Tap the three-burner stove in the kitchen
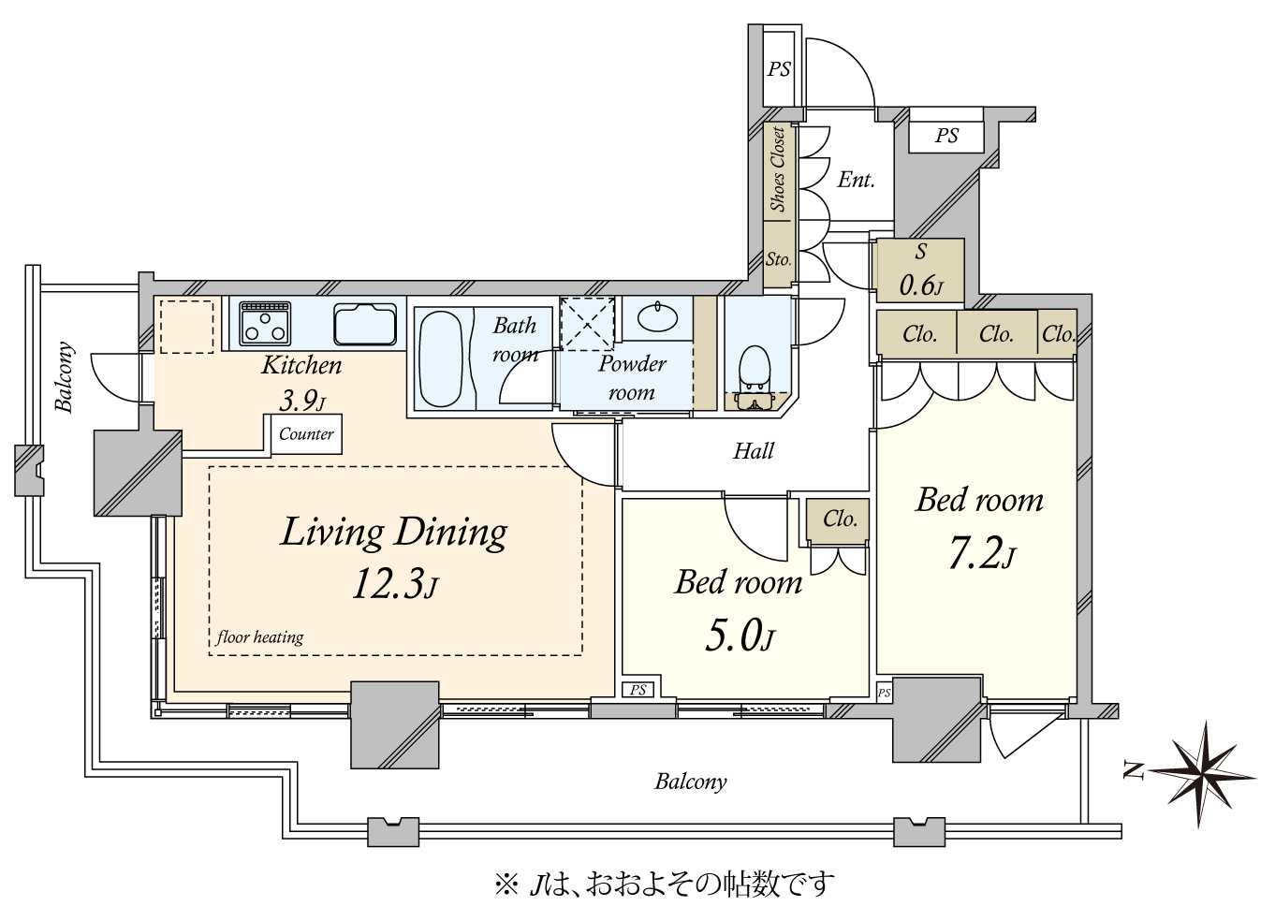tap(265, 323)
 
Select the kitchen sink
tap(365, 324)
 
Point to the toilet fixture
tap(754, 378)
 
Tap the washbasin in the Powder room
tap(657, 317)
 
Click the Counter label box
tap(306, 433)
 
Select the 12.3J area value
tap(395, 585)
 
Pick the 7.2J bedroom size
tap(981, 553)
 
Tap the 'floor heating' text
tap(259, 636)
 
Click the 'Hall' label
tap(754, 451)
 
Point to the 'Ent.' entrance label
tap(856, 180)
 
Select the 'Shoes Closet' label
tap(778, 169)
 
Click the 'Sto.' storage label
tap(778, 259)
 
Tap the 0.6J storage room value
tap(921, 285)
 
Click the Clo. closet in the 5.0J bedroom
tap(838, 519)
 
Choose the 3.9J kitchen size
tap(302, 402)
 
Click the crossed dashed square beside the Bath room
tap(587, 323)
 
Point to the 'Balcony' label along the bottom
tap(691, 782)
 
